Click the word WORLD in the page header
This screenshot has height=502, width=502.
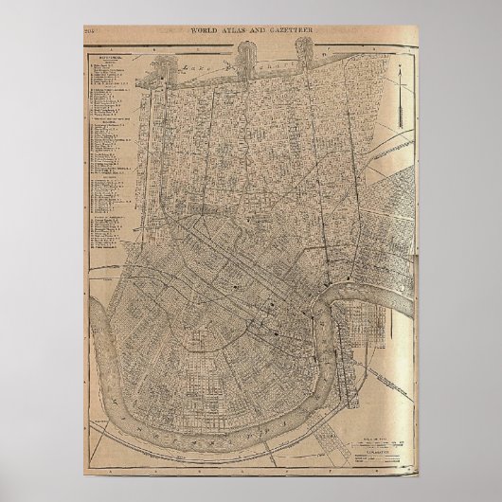(209, 31)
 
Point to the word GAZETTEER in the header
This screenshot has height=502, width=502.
(292, 31)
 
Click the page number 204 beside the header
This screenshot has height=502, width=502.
(91, 31)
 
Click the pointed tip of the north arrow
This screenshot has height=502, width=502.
(400, 61)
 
